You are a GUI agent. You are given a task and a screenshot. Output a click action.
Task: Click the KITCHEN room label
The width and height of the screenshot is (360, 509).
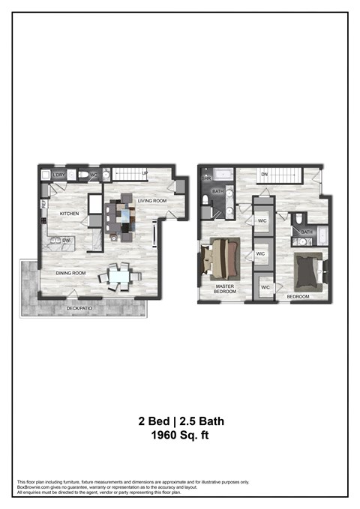[70, 214]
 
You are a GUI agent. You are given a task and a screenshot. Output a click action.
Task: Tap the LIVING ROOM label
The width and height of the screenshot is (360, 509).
[152, 201]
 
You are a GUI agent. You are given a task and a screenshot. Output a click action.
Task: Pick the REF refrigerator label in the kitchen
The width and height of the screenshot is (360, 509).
[44, 202]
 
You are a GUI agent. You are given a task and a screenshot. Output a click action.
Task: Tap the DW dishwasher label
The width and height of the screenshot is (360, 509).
[66, 240]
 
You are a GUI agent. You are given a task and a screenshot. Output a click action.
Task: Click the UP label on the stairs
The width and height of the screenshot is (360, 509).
[145, 174]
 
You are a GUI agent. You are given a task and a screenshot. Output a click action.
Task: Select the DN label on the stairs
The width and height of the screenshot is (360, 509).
[264, 175]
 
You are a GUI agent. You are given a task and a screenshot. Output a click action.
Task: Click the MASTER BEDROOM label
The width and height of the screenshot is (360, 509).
[226, 289]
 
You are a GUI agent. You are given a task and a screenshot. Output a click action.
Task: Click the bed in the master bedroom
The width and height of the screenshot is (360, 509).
[224, 256]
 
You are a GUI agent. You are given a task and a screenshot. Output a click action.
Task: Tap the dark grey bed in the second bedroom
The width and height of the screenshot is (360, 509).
[307, 271]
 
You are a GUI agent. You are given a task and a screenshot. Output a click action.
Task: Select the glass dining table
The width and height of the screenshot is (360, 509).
[120, 277]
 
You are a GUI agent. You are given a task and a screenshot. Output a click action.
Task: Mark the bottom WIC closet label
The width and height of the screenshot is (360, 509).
[265, 287]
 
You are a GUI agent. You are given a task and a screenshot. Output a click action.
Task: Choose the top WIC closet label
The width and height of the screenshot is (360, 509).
[263, 221]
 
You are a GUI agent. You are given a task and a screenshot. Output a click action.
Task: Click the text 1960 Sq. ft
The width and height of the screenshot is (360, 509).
[180, 434]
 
